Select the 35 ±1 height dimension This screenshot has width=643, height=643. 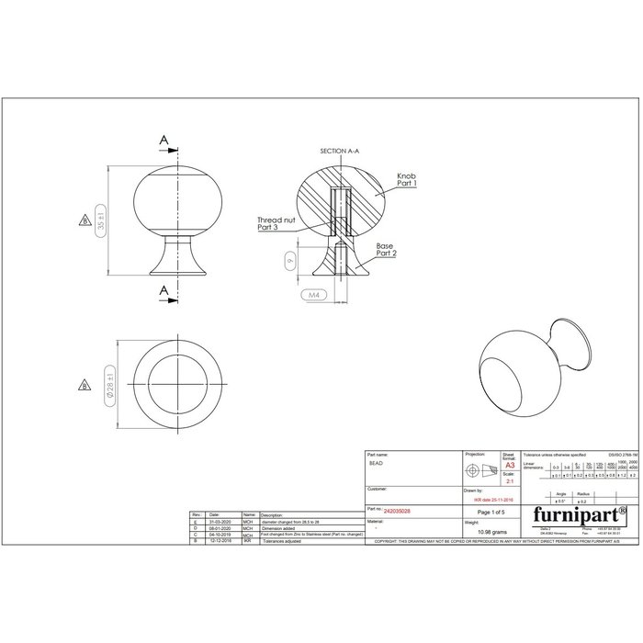(x=102, y=223)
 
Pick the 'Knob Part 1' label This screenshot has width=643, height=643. (x=406, y=180)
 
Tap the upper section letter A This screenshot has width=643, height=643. (x=164, y=141)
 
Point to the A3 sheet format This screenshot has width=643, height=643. (x=510, y=467)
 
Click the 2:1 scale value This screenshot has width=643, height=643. (x=510, y=481)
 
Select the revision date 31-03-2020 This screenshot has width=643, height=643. (x=221, y=521)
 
